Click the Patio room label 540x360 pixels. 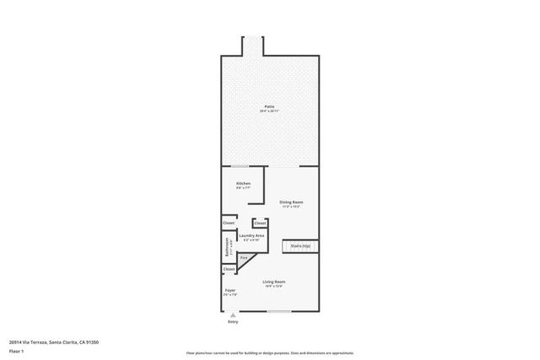[x=269, y=106]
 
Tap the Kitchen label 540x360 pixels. [x=243, y=183]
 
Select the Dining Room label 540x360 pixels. [x=291, y=202]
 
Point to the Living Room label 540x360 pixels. [x=273, y=281]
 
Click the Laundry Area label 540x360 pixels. [x=251, y=235]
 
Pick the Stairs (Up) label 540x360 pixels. [x=300, y=246]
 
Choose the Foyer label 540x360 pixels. [x=229, y=289]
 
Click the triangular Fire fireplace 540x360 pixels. [x=244, y=258]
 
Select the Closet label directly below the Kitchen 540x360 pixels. [x=229, y=223]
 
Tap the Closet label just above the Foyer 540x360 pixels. [x=229, y=269]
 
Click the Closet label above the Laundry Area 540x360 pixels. [x=260, y=223]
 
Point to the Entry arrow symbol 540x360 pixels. [x=233, y=315]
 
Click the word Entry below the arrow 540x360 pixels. [x=233, y=323]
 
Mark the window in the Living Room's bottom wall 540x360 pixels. [x=279, y=311]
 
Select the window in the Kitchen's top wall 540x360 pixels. [x=240, y=165]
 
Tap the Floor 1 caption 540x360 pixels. [x=16, y=350]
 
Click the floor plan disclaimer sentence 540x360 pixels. [x=269, y=353]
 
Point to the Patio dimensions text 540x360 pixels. [x=269, y=111]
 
